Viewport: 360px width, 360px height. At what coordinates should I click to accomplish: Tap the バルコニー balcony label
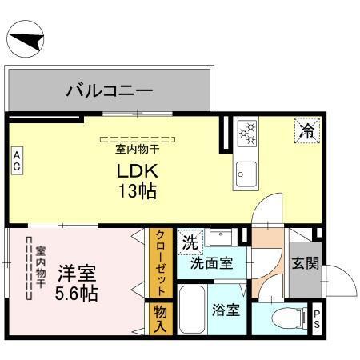click(110, 90)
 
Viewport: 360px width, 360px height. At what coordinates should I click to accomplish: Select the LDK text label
click(138, 171)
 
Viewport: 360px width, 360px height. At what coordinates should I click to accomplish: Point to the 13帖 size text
click(138, 191)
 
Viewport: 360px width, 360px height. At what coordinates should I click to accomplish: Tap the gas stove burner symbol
click(246, 133)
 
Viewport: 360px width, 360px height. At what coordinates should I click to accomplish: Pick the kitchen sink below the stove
click(245, 172)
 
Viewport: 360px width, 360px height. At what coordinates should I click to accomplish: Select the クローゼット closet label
click(160, 262)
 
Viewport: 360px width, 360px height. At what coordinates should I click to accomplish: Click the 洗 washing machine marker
click(190, 241)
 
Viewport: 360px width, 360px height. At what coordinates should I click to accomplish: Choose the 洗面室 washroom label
click(212, 262)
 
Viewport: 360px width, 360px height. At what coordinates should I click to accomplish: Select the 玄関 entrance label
click(302, 262)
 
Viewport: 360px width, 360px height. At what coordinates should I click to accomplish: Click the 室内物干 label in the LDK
click(138, 149)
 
